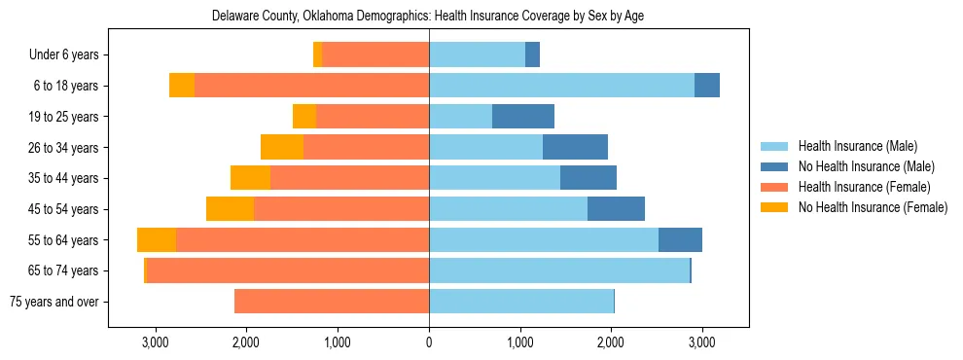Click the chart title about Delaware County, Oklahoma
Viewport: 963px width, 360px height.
428,16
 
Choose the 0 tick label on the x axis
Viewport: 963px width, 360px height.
429,342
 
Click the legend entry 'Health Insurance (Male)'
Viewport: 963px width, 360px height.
857,146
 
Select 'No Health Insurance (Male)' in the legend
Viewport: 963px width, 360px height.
866,166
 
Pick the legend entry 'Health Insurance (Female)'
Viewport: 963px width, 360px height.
864,187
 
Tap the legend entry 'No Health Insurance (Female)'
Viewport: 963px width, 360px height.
873,207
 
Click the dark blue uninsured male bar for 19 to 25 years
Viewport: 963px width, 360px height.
523,117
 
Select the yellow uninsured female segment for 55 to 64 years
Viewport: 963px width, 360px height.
157,240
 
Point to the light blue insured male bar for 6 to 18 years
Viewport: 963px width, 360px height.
561,86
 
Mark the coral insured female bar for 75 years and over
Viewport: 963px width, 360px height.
332,302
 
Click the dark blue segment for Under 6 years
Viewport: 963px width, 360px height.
532,55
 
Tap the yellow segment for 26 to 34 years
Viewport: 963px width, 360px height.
282,148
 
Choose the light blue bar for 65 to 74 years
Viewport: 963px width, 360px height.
559,270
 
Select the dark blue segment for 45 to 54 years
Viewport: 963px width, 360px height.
616,209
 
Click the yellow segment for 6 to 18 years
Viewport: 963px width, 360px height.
182,86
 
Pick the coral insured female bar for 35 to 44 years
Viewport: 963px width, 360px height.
349,178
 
